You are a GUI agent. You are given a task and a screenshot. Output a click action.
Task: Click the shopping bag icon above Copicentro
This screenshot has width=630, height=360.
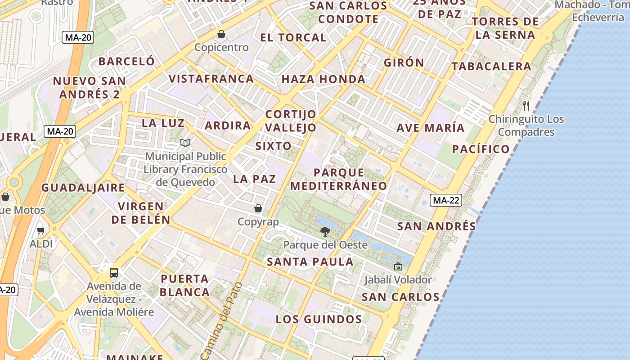(221, 34)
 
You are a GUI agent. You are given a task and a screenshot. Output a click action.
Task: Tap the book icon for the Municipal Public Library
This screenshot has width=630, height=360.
(185, 143)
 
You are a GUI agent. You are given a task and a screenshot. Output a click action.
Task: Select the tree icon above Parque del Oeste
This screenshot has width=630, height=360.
(325, 232)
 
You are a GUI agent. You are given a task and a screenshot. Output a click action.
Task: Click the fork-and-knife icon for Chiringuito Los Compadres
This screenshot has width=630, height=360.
(526, 106)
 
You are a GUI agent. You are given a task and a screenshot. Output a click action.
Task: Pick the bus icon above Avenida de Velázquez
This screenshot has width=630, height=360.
(114, 272)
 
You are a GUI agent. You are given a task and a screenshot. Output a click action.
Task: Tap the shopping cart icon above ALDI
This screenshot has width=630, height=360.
(41, 230)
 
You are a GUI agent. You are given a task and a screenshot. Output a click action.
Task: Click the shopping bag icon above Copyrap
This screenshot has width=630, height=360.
(258, 208)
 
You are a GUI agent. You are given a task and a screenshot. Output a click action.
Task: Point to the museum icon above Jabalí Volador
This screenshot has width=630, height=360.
(398, 266)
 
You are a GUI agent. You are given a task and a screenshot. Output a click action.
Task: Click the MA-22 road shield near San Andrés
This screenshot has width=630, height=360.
(445, 200)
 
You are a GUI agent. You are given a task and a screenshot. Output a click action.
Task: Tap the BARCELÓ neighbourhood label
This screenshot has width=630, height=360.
(126, 61)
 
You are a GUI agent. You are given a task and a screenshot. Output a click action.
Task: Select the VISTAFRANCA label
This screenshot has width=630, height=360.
(211, 79)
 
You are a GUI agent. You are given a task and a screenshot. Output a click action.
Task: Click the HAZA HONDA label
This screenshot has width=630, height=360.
(323, 80)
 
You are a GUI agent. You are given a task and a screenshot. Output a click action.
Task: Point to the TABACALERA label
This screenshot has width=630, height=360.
(491, 67)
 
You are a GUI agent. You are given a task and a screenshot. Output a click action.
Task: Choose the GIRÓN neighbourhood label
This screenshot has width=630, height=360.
(404, 63)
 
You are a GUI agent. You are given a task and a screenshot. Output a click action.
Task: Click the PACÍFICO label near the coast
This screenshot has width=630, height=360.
(481, 149)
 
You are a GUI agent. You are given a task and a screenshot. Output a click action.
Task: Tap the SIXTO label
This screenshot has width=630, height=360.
(273, 146)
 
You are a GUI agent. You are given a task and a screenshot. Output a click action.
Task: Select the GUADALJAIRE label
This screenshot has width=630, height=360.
(83, 188)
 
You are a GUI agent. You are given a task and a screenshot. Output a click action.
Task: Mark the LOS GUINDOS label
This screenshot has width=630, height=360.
(319, 319)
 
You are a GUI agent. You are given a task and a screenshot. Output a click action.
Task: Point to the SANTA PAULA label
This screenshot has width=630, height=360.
(310, 261)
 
